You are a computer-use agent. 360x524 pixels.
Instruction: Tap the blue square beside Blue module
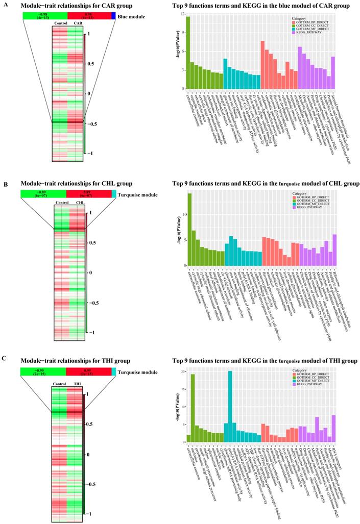pyautogui.click(x=113, y=16)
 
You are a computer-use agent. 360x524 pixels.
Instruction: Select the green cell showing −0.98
pyautogui.click(x=44, y=16)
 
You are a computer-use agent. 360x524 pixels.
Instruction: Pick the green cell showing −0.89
pyautogui.click(x=43, y=194)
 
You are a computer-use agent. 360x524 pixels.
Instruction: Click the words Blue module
pyautogui.click(x=131, y=16)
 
